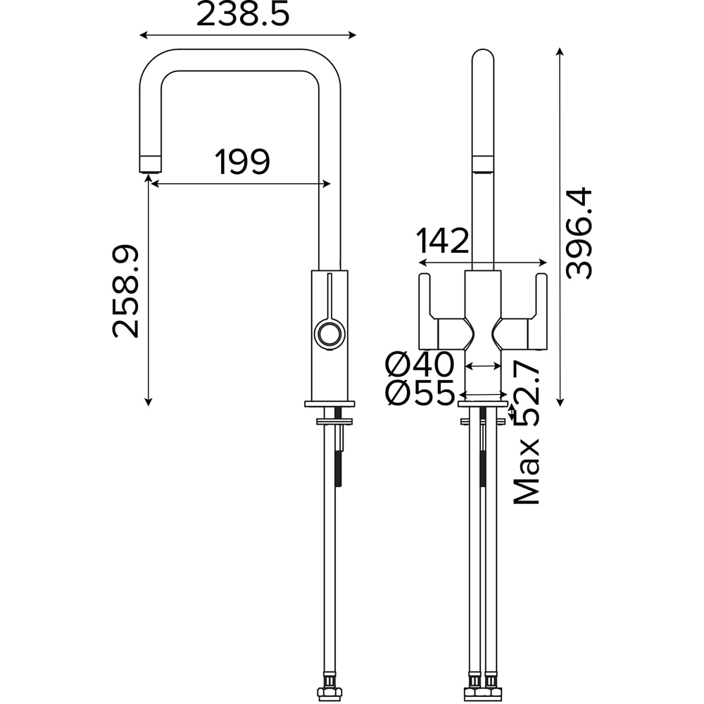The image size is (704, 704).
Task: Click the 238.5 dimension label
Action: click(x=243, y=14)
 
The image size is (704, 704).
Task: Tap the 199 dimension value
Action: click(x=243, y=162)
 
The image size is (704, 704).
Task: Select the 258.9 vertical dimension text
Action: click(x=126, y=291)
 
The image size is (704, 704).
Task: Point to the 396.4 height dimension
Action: click(x=579, y=234)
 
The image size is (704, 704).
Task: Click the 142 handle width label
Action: click(x=443, y=241)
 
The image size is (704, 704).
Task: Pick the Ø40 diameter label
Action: click(x=420, y=364)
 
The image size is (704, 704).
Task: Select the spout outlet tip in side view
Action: click(x=150, y=164)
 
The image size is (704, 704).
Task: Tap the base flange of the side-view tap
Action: click(x=329, y=404)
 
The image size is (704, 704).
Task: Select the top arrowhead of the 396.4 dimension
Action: click(x=560, y=51)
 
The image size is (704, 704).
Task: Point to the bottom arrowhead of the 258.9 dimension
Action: click(x=148, y=402)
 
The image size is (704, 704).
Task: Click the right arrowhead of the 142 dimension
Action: click(x=543, y=263)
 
